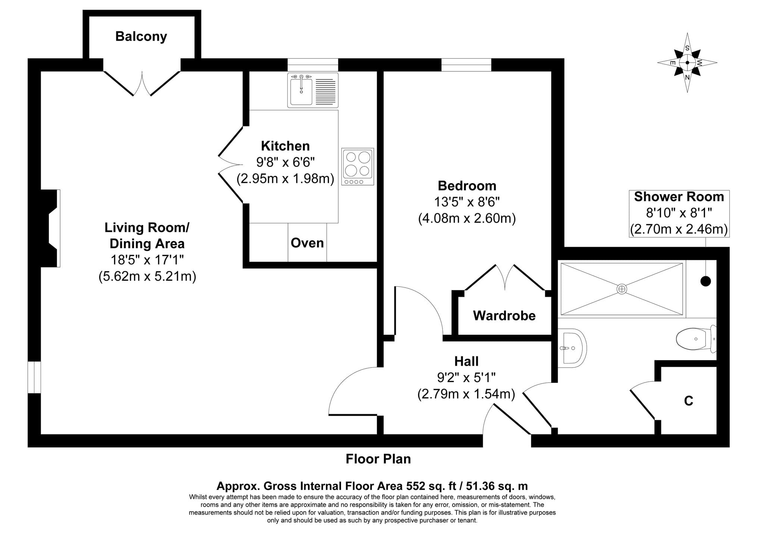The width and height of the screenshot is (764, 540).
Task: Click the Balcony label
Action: (141, 37)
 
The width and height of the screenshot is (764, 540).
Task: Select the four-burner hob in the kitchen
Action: (357, 166)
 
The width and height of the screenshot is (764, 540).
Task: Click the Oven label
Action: (307, 243)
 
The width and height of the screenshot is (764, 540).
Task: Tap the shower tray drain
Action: (621, 289)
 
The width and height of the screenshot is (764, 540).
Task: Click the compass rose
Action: (687, 63)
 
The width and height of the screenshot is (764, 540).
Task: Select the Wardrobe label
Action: (504, 316)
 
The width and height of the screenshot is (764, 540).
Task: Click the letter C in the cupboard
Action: (689, 401)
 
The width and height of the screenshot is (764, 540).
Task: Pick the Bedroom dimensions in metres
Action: (467, 218)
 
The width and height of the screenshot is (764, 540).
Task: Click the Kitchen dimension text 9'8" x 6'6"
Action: (285, 162)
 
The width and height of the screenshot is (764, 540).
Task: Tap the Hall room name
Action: (466, 361)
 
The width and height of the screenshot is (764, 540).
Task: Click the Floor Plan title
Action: (378, 459)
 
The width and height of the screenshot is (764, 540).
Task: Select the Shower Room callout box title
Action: (679, 197)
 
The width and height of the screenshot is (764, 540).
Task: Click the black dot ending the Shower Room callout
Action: (705, 281)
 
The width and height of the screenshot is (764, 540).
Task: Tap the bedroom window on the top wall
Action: (466, 65)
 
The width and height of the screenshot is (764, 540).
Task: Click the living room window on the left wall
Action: (34, 377)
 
